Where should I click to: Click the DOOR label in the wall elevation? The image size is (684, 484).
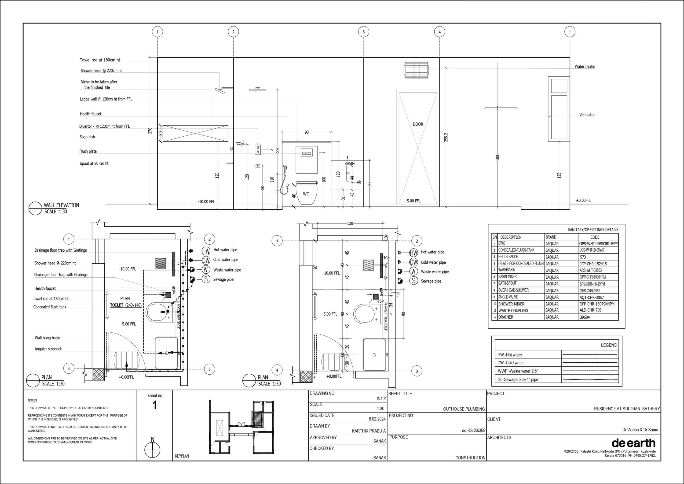pyautogui.click(x=418, y=124)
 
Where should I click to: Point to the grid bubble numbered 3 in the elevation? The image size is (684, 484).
pyautogui.click(x=363, y=32)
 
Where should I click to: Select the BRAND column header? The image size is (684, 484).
pyautogui.click(x=551, y=237)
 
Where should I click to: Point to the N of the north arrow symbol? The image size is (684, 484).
pyautogui.click(x=153, y=439)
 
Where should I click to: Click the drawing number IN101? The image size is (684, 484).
pyautogui.click(x=381, y=398)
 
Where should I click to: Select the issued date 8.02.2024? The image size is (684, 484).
pyautogui.click(x=377, y=419)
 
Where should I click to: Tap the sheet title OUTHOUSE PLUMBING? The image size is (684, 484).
pyautogui.click(x=464, y=409)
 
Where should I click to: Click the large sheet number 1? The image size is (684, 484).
pyautogui.click(x=155, y=405)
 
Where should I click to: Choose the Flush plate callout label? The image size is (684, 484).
pyautogui.click(x=88, y=151)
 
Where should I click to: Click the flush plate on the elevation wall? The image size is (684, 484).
pyautogui.click(x=307, y=153)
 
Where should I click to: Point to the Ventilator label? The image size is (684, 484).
pyautogui.click(x=587, y=115)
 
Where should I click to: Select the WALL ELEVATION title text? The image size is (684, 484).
pyautogui.click(x=61, y=205)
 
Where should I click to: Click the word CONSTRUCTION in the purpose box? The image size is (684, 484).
pyautogui.click(x=470, y=458)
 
